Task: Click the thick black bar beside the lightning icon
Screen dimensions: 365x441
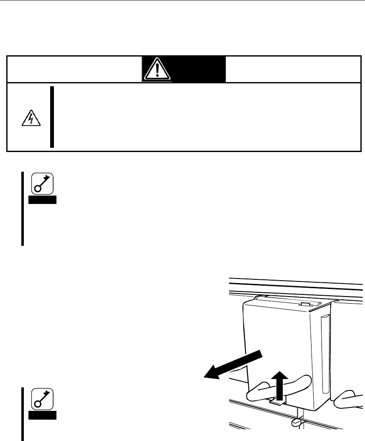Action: [x=52, y=117]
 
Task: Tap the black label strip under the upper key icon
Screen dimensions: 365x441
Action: [x=42, y=200]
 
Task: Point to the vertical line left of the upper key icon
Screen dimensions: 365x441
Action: [x=23, y=208]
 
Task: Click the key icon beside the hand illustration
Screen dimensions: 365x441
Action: [x=42, y=401]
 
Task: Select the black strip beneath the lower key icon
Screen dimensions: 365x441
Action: [x=42, y=416]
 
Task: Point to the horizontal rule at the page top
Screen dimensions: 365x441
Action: [x=182, y=1]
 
